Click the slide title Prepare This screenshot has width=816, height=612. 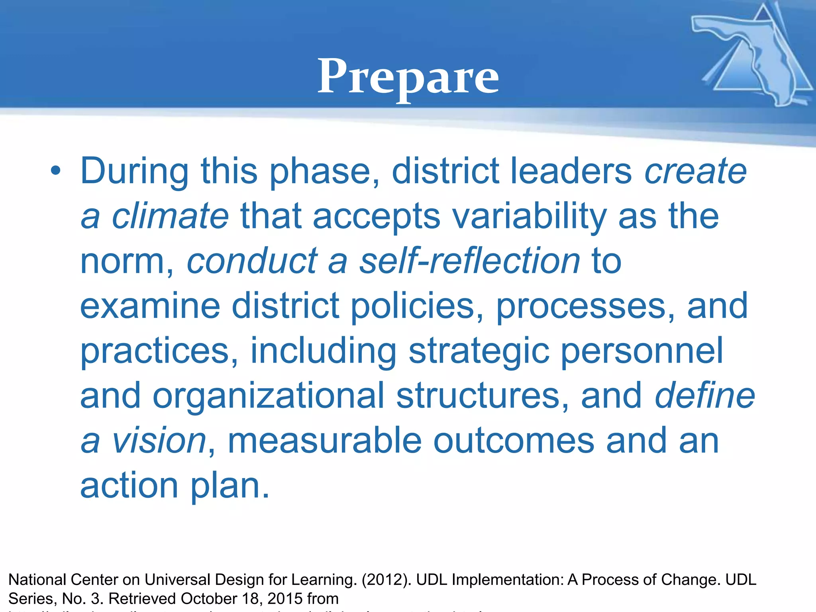click(x=408, y=76)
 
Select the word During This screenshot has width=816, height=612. click(x=134, y=171)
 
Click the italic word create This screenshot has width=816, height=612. click(x=695, y=171)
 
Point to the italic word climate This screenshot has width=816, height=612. click(x=170, y=216)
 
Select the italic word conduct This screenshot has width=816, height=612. click(x=252, y=261)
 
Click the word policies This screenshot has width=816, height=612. click(x=417, y=306)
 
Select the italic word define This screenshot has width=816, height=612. click(x=704, y=396)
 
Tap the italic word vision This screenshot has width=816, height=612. click(x=159, y=441)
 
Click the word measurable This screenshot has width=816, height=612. click(x=324, y=441)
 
